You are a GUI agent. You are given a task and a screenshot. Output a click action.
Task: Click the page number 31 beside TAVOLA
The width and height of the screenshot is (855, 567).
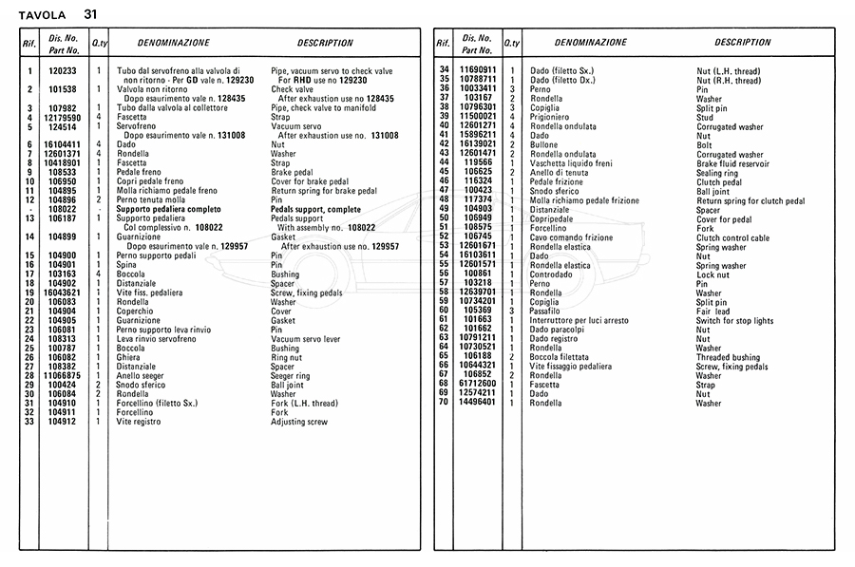click(x=90, y=14)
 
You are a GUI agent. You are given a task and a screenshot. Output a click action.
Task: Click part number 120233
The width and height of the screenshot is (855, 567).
click(x=63, y=71)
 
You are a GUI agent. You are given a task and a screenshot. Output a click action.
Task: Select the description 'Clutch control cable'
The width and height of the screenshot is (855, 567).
click(x=733, y=237)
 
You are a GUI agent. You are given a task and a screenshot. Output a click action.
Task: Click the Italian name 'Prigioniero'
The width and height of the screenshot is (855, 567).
click(x=550, y=117)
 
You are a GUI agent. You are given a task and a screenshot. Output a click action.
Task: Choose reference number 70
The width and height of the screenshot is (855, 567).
click(x=443, y=403)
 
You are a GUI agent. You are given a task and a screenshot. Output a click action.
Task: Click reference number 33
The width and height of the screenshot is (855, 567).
click(x=29, y=422)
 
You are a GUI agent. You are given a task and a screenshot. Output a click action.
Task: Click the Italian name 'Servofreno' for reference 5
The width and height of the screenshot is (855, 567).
click(x=137, y=126)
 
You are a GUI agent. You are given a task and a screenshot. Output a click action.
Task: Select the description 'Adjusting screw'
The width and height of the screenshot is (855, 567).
click(x=299, y=422)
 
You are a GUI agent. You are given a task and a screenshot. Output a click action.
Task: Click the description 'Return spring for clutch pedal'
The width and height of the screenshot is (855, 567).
click(x=750, y=200)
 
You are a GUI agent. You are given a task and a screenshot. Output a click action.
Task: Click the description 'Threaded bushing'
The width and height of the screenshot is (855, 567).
click(x=728, y=357)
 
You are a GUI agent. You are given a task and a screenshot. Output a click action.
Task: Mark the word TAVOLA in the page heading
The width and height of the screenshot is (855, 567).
click(x=42, y=15)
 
